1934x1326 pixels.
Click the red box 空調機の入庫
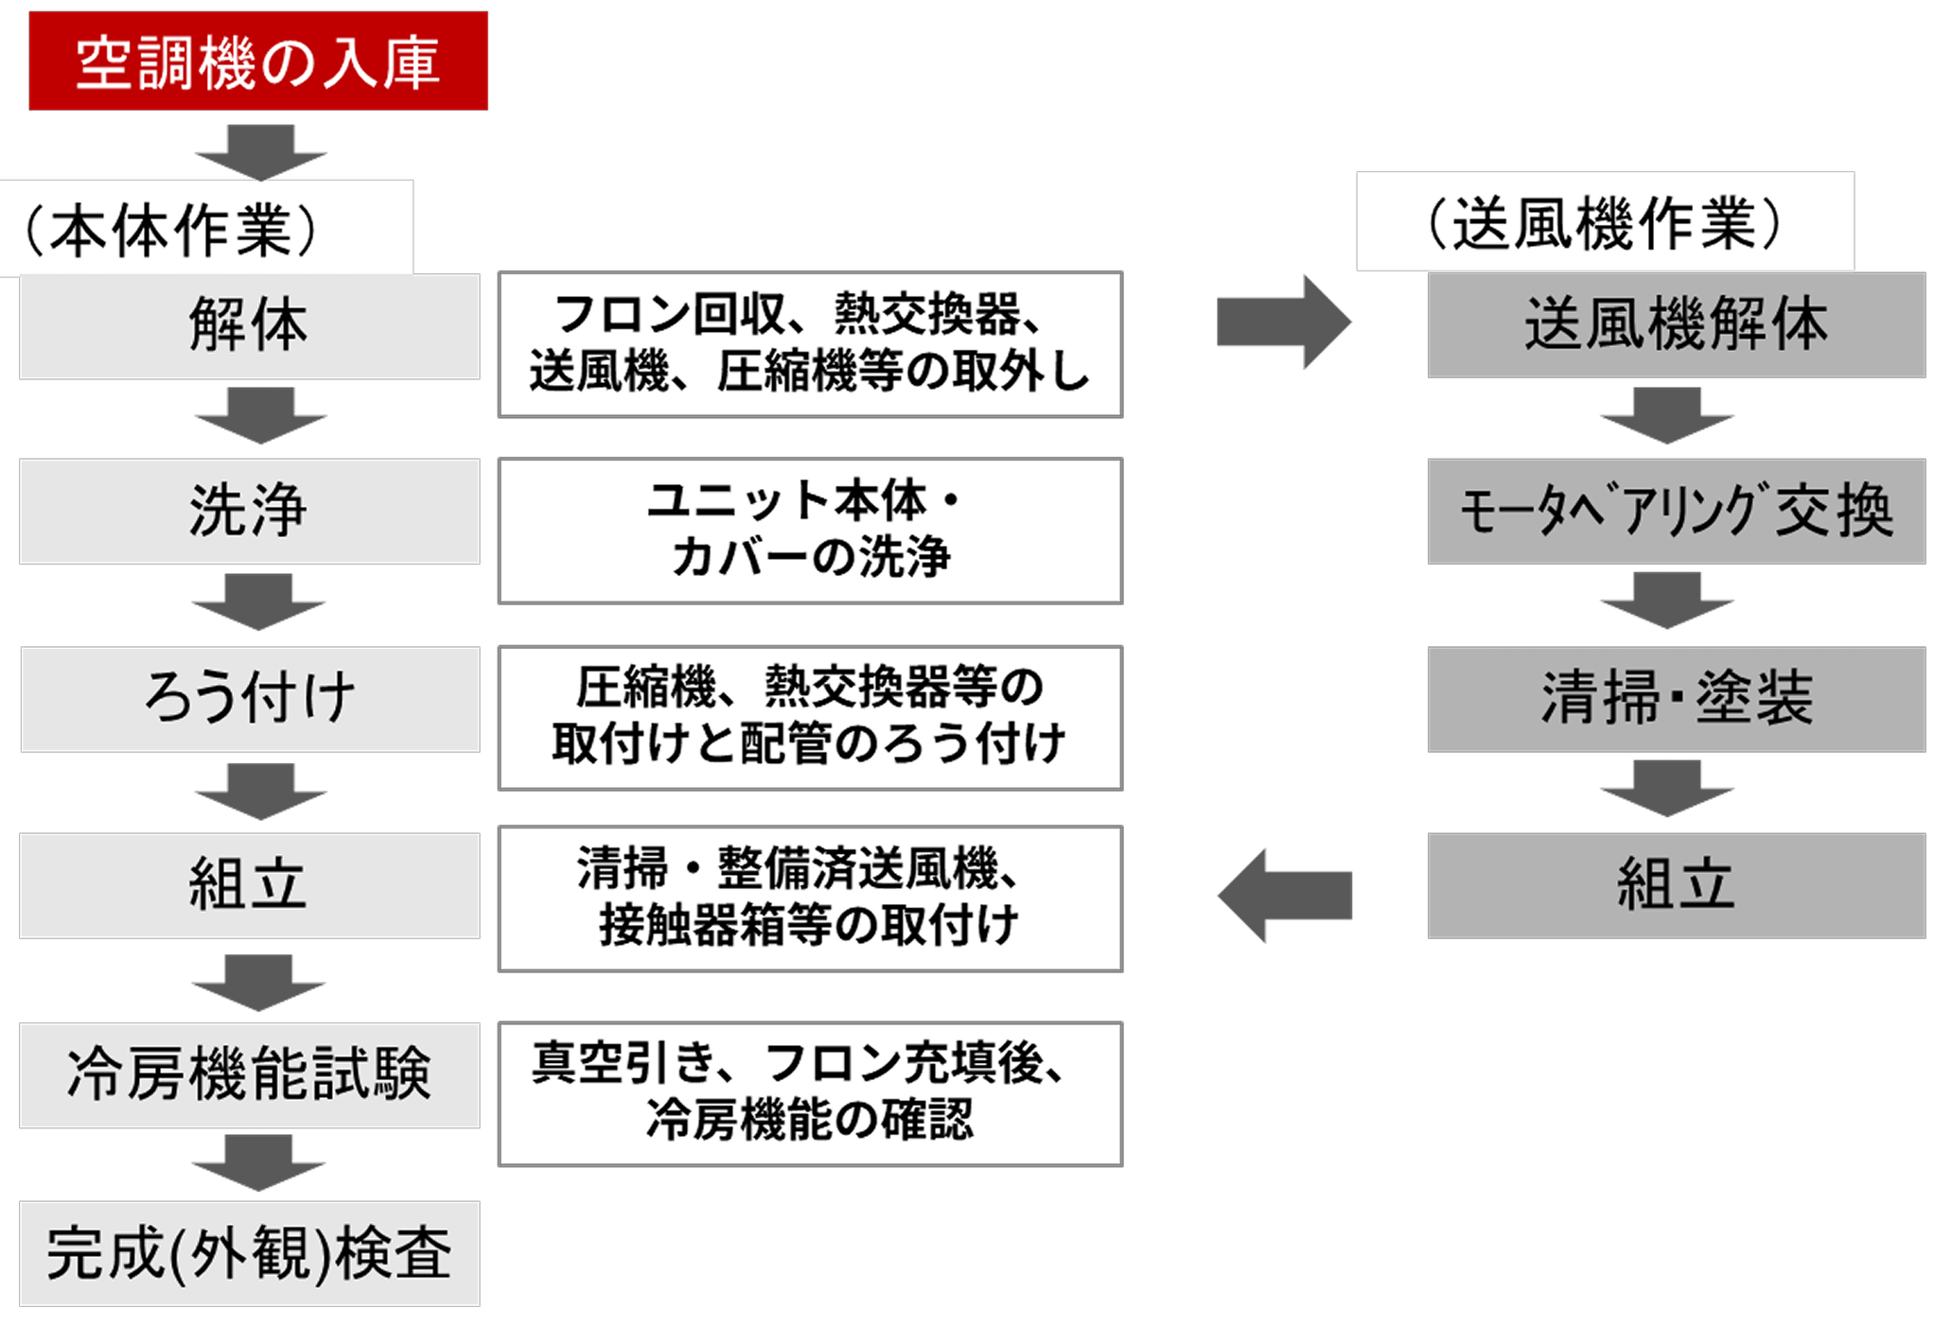258,61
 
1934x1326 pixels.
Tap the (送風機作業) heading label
1605,222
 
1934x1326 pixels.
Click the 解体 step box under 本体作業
249,326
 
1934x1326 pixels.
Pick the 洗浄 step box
249,511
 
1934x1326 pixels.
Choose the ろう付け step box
249,698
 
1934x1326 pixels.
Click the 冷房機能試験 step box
249,1074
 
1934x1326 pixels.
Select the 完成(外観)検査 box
249,1253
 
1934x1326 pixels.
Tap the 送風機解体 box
1676,325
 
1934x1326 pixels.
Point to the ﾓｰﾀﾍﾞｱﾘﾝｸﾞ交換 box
1676,511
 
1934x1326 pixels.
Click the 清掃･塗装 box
1676,698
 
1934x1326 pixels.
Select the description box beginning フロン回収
810,344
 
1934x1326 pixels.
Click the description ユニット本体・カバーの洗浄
810,531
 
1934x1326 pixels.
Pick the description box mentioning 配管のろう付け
810,718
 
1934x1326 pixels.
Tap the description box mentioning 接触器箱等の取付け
810,899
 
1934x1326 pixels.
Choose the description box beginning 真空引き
810,1093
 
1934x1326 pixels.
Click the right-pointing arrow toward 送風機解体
1283,323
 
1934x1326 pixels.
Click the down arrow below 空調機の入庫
259,149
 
